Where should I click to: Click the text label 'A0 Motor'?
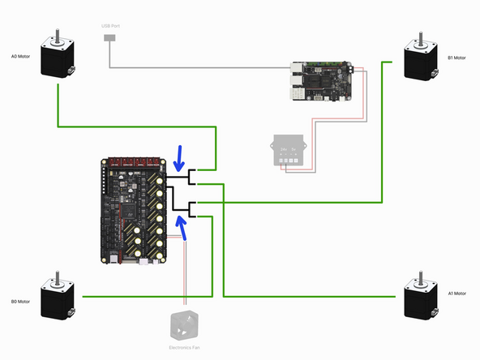(20, 58)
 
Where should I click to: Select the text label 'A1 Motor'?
(458, 293)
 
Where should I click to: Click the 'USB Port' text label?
(110, 26)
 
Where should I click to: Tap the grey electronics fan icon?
(184, 325)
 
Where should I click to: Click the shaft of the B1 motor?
(420, 36)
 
